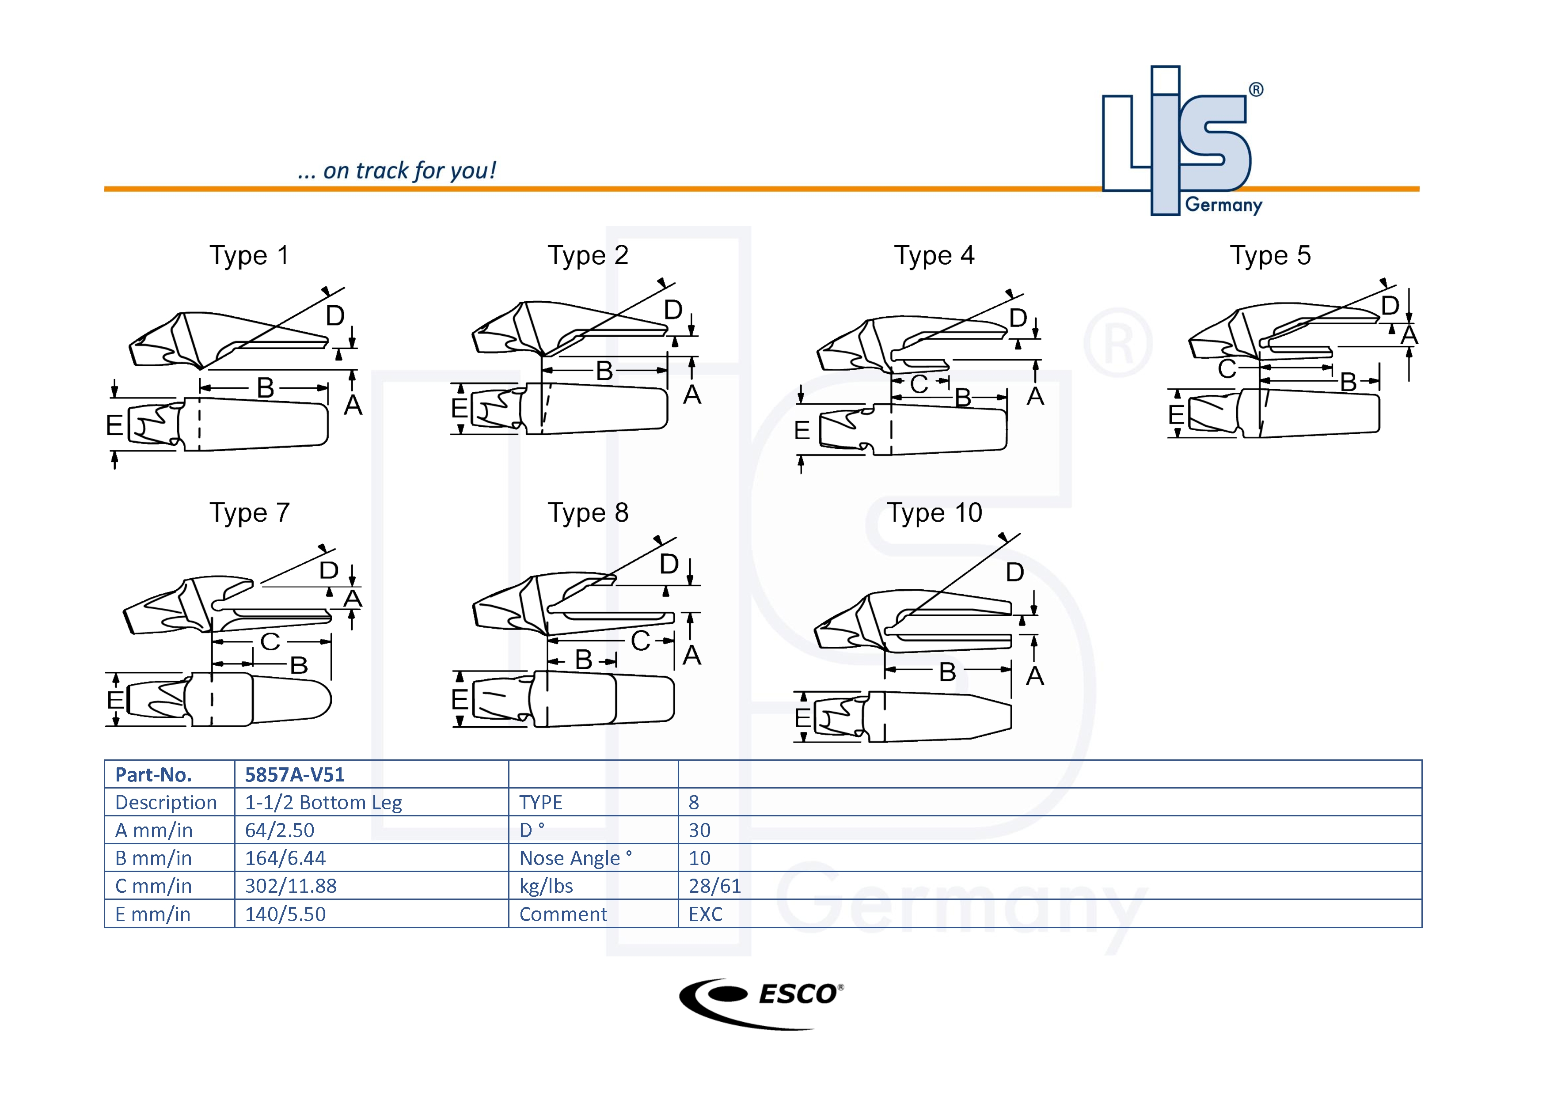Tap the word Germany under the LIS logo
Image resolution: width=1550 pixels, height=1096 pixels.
pos(1223,205)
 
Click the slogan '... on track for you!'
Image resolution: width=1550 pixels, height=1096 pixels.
pos(397,171)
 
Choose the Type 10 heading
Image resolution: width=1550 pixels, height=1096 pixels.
pos(935,513)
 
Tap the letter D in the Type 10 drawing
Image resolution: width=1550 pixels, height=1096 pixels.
pos(1014,572)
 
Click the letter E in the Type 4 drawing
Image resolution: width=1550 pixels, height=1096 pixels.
pos(802,430)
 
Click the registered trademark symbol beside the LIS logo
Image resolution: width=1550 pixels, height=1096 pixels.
pos(1256,90)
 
